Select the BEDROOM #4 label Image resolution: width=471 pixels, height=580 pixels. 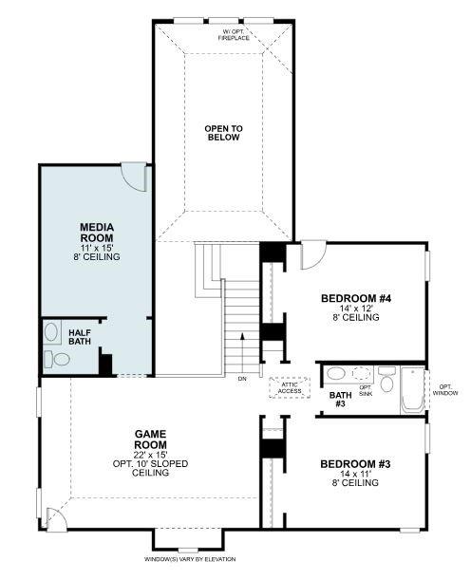click(x=356, y=299)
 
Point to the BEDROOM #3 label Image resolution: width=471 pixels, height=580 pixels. click(x=356, y=463)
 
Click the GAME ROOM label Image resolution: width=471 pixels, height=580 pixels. click(x=151, y=438)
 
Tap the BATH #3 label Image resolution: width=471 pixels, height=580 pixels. click(x=340, y=399)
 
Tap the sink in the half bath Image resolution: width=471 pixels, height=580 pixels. click(x=51, y=334)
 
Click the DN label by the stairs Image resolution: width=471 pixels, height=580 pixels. click(x=242, y=379)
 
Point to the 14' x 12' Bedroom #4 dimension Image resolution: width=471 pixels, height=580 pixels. click(x=356, y=309)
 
